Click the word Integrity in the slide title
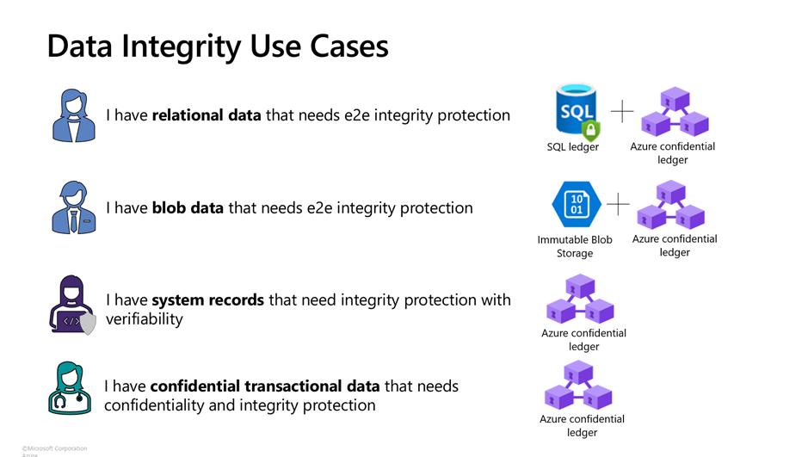181,46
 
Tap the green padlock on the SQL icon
591,130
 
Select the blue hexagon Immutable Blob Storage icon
577,205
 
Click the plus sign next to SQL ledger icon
622,111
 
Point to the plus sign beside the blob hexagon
618,204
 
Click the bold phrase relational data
207,114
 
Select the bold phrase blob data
188,207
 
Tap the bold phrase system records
207,300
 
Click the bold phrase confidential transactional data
265,386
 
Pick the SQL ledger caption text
572,147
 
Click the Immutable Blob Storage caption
575,246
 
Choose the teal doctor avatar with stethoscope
70,388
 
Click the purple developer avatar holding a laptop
72,305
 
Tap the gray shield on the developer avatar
88,324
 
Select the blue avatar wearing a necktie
74,207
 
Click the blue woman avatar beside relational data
74,115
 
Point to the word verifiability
145,319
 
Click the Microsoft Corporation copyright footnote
54,448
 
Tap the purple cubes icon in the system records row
580,300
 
